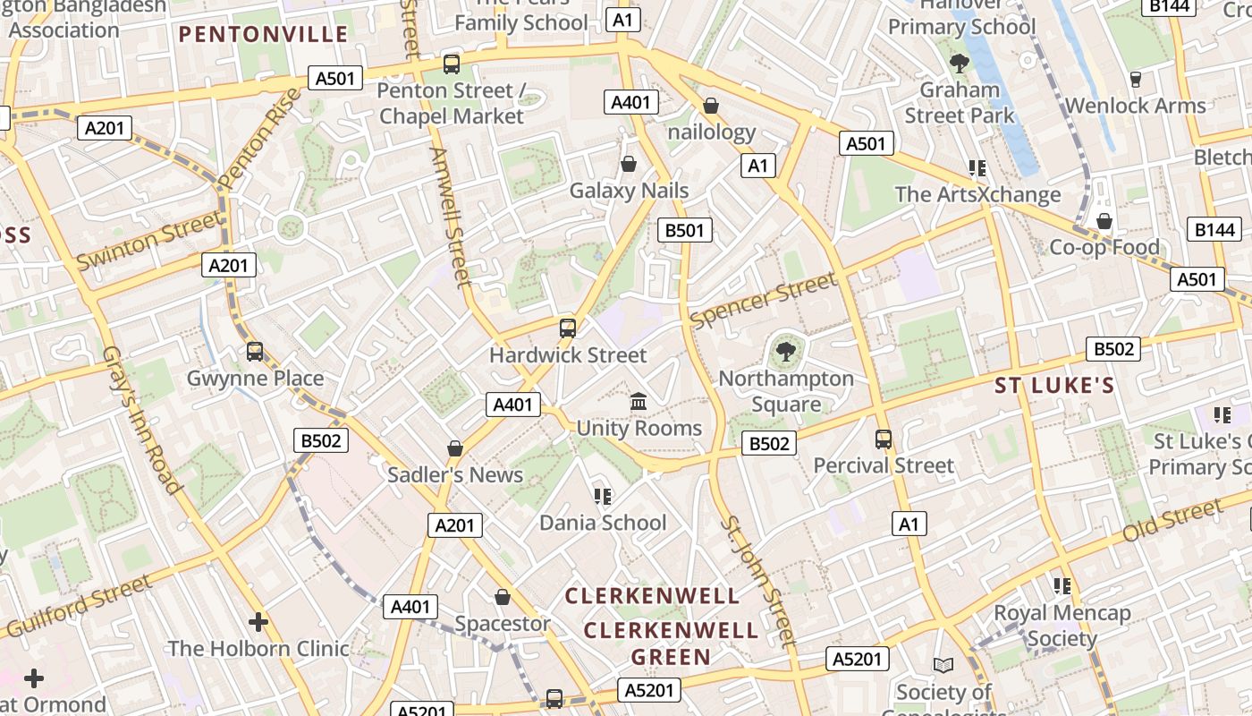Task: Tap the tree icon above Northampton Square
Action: (786, 351)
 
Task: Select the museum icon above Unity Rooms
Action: (639, 402)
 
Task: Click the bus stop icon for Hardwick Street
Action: (568, 328)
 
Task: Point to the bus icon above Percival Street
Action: (884, 439)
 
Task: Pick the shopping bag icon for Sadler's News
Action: (455, 448)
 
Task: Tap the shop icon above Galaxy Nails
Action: (629, 164)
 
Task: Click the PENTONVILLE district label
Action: (263, 35)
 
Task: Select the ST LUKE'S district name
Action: (1054, 386)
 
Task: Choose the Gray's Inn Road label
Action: (142, 421)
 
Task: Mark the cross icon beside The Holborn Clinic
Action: (258, 621)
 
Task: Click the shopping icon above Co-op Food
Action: (1104, 221)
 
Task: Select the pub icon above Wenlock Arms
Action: (1135, 79)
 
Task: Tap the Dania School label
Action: (603, 523)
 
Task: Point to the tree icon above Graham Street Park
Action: (960, 64)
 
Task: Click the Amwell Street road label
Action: (450, 217)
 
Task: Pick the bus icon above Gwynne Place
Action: (255, 352)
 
